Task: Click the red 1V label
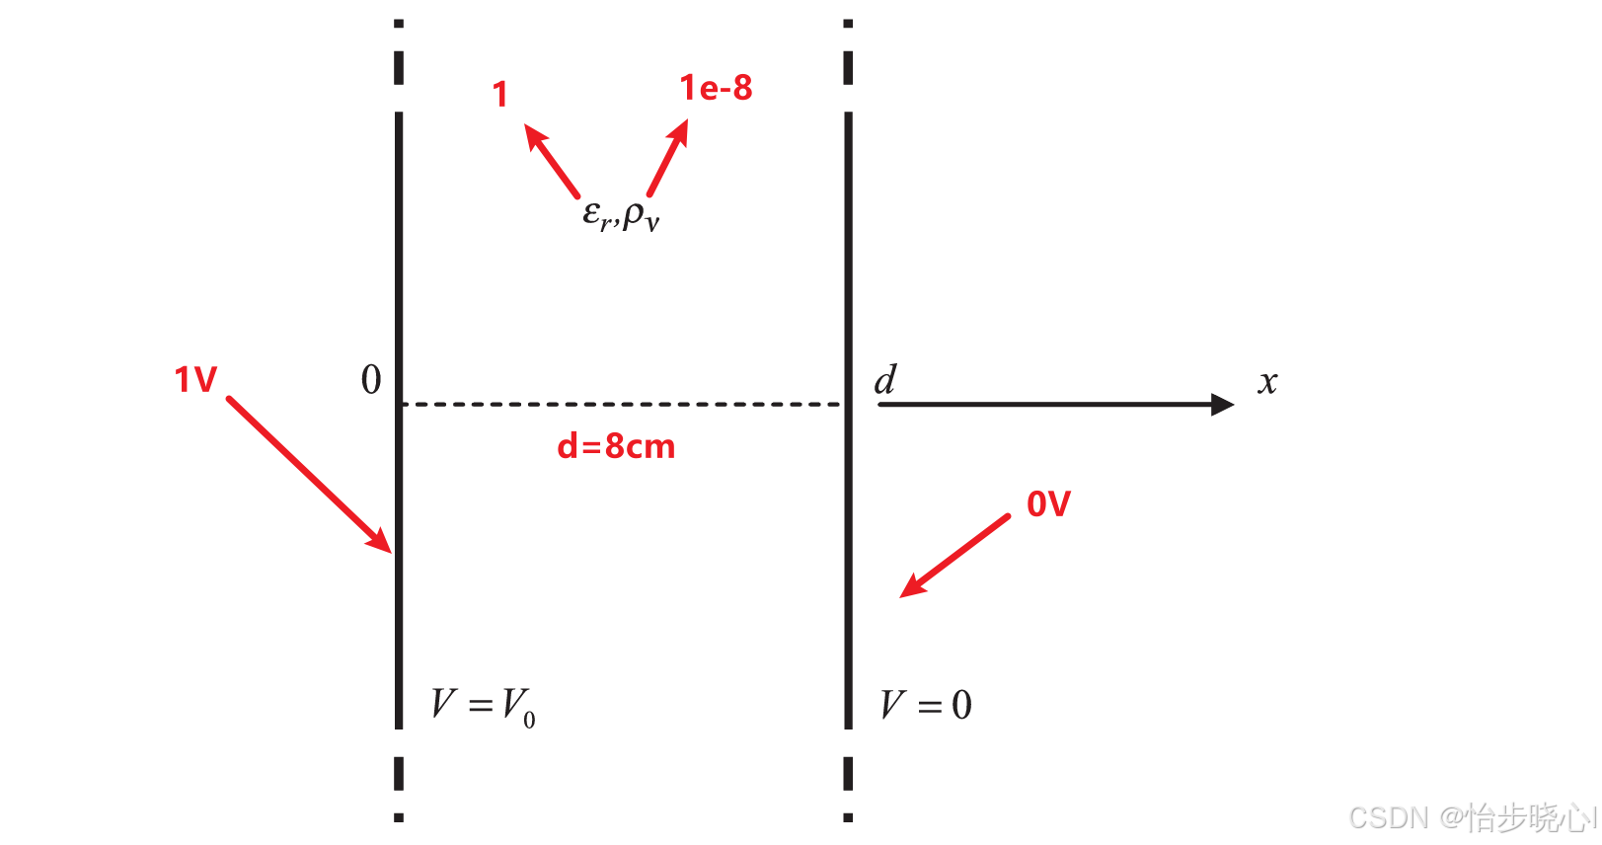(x=195, y=380)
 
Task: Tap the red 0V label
(x=1048, y=504)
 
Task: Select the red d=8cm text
(x=616, y=447)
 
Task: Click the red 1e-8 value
(x=716, y=89)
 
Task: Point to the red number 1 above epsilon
(x=500, y=95)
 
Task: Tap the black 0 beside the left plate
(x=371, y=380)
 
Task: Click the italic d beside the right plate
(x=885, y=380)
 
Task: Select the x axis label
(x=1267, y=383)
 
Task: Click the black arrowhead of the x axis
(x=1222, y=405)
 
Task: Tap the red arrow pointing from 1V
(x=308, y=475)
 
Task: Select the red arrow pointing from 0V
(x=954, y=557)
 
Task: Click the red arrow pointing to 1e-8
(x=668, y=158)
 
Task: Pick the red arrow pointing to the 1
(x=552, y=161)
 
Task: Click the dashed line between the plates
(x=622, y=405)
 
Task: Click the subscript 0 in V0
(x=530, y=720)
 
